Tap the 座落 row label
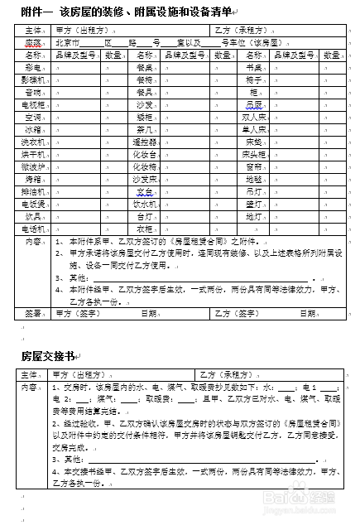(34, 41)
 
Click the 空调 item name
(34, 118)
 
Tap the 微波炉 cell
(34, 166)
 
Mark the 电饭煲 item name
(34, 203)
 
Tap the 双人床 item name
(253, 118)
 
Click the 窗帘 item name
(253, 166)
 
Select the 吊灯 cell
(253, 191)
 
